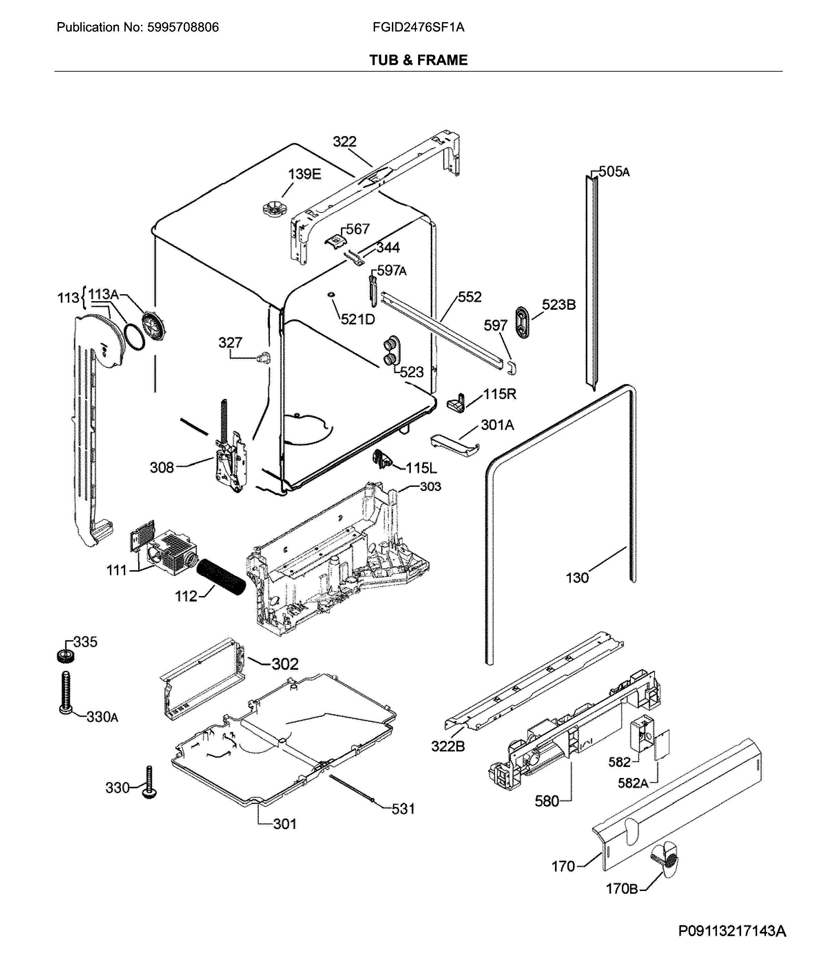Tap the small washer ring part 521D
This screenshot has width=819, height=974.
click(x=331, y=295)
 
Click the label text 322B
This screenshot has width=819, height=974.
click(x=447, y=747)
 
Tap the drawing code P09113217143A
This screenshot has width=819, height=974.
click(x=732, y=931)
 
